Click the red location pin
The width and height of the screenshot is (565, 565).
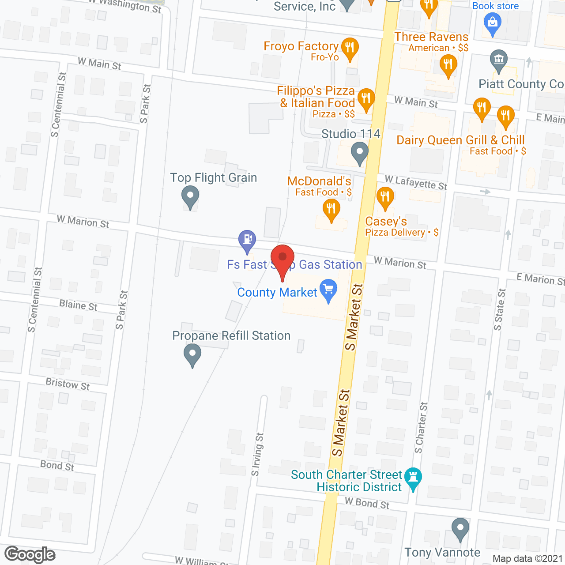click(282, 258)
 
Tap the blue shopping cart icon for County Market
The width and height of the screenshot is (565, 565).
click(328, 290)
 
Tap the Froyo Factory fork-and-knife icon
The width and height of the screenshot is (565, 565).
click(350, 48)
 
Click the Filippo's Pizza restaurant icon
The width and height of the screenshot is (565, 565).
click(365, 99)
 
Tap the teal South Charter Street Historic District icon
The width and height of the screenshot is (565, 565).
click(413, 478)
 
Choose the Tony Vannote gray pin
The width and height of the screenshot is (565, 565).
click(460, 528)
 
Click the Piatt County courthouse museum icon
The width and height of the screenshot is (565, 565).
click(499, 60)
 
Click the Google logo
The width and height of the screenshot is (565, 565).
click(30, 554)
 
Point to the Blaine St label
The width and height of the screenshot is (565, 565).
click(78, 305)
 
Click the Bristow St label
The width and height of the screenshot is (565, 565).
click(68, 384)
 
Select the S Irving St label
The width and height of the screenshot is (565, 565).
click(257, 455)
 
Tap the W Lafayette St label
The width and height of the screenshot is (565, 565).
click(416, 182)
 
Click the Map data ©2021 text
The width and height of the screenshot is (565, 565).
click(527, 559)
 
